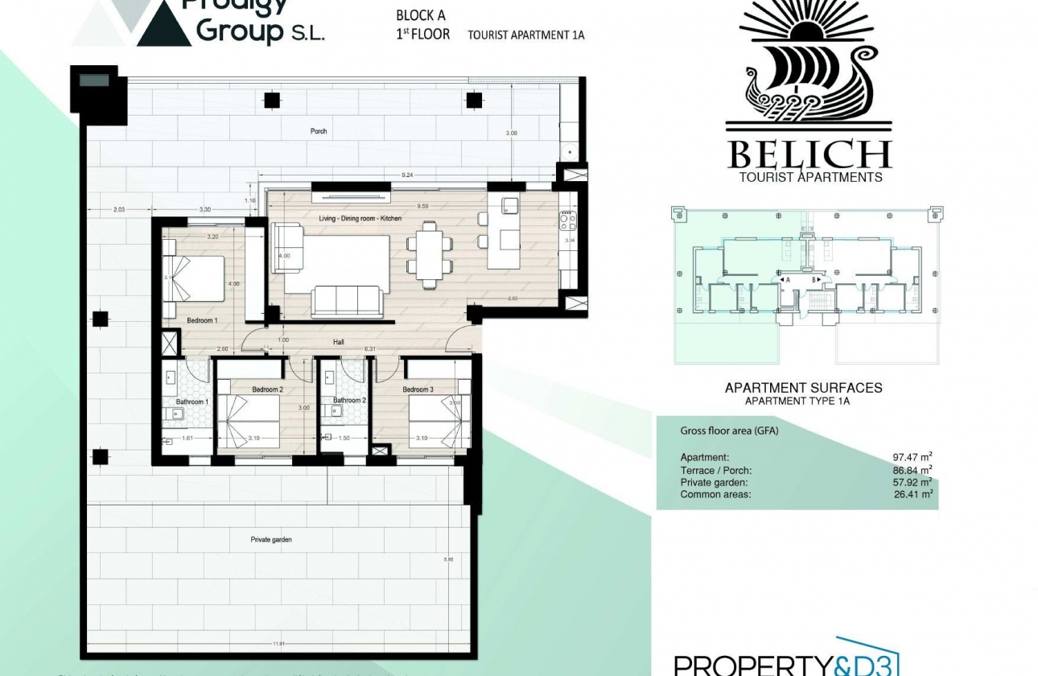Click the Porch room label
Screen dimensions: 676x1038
319,131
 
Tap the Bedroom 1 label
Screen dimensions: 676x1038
201,321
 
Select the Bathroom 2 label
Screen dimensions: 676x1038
349,400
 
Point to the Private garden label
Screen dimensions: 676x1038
271,539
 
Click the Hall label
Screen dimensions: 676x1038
339,342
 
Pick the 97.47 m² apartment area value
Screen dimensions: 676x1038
907,458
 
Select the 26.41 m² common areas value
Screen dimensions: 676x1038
907,494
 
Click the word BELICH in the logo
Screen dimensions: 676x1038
809,154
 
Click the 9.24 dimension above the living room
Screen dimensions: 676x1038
407,175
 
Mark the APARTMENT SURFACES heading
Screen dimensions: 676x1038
803,387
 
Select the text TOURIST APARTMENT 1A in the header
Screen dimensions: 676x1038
525,35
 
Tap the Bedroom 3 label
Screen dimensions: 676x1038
418,390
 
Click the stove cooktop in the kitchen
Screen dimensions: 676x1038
568,221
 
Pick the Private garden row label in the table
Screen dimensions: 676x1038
715,482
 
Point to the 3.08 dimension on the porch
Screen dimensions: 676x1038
512,133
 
